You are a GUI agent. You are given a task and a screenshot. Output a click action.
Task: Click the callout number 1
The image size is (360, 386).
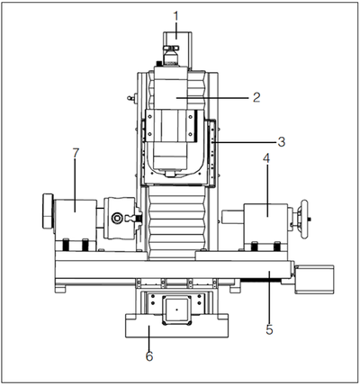[176, 16]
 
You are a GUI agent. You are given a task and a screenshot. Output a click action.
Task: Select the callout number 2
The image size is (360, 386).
[256, 97]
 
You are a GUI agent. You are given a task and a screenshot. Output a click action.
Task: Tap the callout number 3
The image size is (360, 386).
[281, 142]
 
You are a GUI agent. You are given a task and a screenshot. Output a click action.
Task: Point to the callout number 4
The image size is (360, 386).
[266, 159]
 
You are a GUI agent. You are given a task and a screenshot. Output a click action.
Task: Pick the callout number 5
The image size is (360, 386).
[269, 329]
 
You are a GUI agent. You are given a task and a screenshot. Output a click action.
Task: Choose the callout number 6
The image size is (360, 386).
[149, 356]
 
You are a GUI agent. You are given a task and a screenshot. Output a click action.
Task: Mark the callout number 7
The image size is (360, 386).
[76, 153]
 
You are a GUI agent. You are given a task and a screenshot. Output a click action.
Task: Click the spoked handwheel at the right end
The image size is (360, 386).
[304, 219]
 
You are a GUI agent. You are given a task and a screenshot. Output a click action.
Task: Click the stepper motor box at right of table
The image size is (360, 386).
[314, 279]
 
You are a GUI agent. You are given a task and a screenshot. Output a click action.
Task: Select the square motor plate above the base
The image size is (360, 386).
[176, 310]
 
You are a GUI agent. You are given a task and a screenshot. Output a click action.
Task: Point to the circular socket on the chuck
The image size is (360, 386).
[117, 219]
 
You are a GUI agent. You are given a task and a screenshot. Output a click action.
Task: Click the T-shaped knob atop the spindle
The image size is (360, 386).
[170, 48]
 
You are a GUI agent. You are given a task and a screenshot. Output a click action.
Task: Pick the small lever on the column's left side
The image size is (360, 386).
[132, 97]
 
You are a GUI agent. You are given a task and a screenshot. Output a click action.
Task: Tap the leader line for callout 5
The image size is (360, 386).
[269, 297]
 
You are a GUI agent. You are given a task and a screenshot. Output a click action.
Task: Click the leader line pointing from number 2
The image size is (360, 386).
[212, 98]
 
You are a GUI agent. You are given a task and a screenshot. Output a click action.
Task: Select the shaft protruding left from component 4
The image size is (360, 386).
[233, 216]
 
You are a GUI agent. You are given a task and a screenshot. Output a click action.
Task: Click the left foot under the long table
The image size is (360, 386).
[60, 289]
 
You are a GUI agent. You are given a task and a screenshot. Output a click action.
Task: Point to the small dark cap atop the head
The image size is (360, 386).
[159, 63]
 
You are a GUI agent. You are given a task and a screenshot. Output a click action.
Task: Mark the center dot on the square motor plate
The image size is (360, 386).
[176, 310]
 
